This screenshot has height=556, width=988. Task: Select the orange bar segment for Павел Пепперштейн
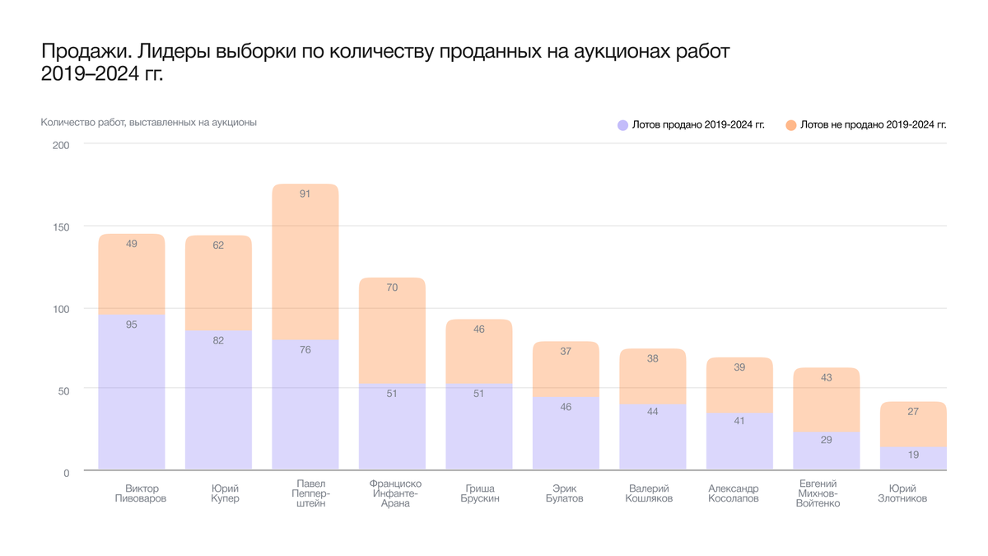pos(305,264)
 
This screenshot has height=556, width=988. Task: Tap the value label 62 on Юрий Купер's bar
pos(218,245)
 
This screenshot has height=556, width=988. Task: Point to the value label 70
pos(392,287)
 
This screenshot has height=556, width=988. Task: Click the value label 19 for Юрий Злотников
pos(912,456)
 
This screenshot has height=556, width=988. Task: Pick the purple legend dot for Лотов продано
pos(623,125)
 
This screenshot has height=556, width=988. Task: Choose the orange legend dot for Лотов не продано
pos(790,125)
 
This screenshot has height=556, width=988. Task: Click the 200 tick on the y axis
pos(61,145)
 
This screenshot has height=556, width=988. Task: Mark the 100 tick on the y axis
pos(61,309)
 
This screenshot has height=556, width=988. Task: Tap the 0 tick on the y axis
pos(67,473)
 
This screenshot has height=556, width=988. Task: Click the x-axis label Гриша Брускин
pos(479,493)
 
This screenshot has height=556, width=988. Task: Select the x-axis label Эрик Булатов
pos(565,493)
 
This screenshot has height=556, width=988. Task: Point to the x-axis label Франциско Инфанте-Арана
pos(396,493)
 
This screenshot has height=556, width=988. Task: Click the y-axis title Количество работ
pos(149,123)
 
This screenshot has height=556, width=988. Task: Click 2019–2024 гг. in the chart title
pos(102,74)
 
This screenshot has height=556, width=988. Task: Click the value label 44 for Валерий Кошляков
pos(652,411)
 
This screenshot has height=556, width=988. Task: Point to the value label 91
pos(305,194)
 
